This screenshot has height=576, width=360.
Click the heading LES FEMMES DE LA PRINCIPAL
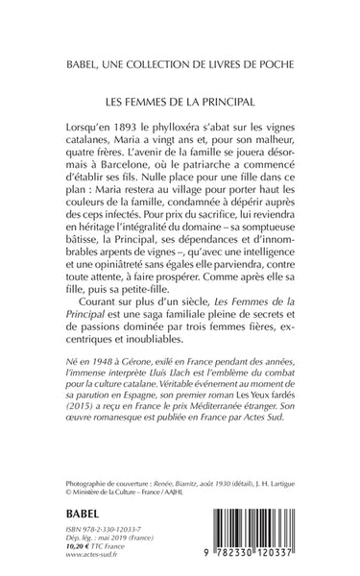pos(180,99)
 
